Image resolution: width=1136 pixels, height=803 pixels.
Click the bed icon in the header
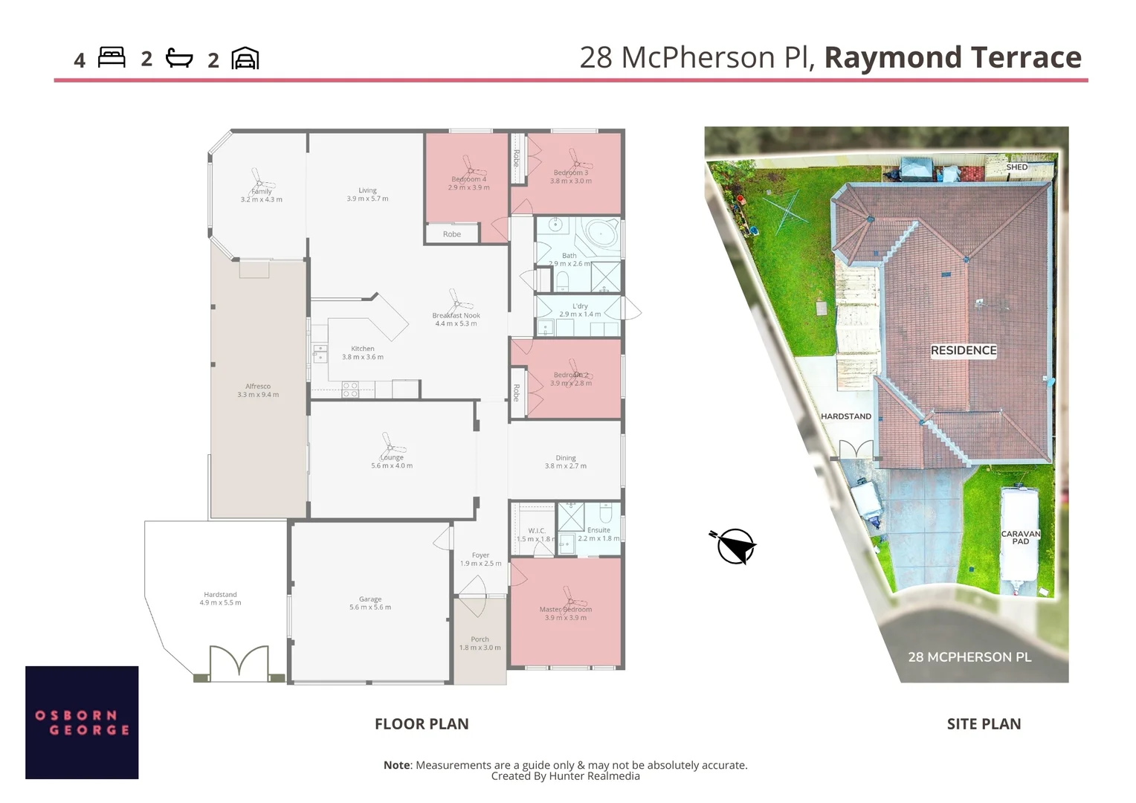(112, 58)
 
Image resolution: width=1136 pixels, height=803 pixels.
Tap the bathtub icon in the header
(179, 58)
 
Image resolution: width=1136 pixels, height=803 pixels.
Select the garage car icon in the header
(245, 59)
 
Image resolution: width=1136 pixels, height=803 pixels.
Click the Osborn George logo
(82, 722)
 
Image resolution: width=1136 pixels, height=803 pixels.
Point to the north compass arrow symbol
(734, 546)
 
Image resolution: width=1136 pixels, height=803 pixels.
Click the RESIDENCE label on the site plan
(964, 350)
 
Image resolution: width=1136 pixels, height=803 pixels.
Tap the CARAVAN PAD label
(1021, 538)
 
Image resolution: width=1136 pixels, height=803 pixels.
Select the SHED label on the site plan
(1016, 167)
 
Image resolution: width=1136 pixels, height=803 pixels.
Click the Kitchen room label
(363, 349)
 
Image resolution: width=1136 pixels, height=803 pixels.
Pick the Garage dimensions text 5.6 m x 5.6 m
(370, 607)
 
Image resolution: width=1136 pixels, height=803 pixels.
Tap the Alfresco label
(258, 387)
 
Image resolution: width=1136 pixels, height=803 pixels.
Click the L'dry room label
(580, 306)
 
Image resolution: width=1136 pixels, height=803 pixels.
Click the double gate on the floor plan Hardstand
(239, 662)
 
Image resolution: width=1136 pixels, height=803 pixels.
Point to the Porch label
(480, 639)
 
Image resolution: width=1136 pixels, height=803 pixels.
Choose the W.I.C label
(536, 531)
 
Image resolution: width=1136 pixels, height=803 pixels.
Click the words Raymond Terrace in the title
(952, 58)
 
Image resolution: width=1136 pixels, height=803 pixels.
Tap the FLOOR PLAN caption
(422, 724)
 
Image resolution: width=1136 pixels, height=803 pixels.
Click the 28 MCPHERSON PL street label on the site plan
(969, 657)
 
